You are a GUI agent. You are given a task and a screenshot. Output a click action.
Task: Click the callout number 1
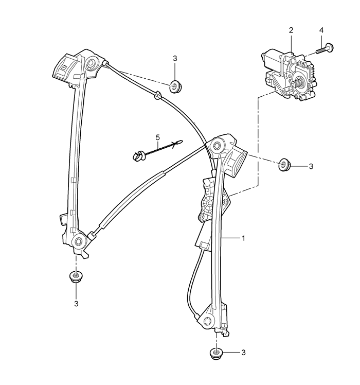tap(243, 238)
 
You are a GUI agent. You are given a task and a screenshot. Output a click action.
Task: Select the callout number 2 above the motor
tap(291, 30)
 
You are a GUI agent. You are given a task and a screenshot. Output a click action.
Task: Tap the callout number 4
tap(321, 30)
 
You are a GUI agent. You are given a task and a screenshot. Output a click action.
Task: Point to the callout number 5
tap(157, 137)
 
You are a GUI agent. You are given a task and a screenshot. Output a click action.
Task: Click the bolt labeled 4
tap(323, 49)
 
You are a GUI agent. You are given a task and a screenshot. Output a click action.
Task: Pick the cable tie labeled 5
tap(157, 150)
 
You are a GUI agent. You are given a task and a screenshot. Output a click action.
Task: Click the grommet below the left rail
tap(76, 277)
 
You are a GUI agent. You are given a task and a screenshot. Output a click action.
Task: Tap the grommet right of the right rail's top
tap(285, 164)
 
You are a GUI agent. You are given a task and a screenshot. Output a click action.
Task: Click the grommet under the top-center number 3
tap(176, 86)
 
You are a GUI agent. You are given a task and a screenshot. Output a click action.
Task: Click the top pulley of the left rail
tap(92, 64)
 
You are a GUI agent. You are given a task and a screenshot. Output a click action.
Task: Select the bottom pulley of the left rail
tap(79, 241)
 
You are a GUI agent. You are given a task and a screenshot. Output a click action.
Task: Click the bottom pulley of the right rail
tap(208, 321)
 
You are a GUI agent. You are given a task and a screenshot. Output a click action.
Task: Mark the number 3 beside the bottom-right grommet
tap(243, 353)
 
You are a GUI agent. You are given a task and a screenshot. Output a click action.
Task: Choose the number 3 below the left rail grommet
tap(76, 304)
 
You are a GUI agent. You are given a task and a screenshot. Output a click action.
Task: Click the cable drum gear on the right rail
tap(209, 203)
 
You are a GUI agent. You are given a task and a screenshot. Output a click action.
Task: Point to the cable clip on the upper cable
tap(157, 95)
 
